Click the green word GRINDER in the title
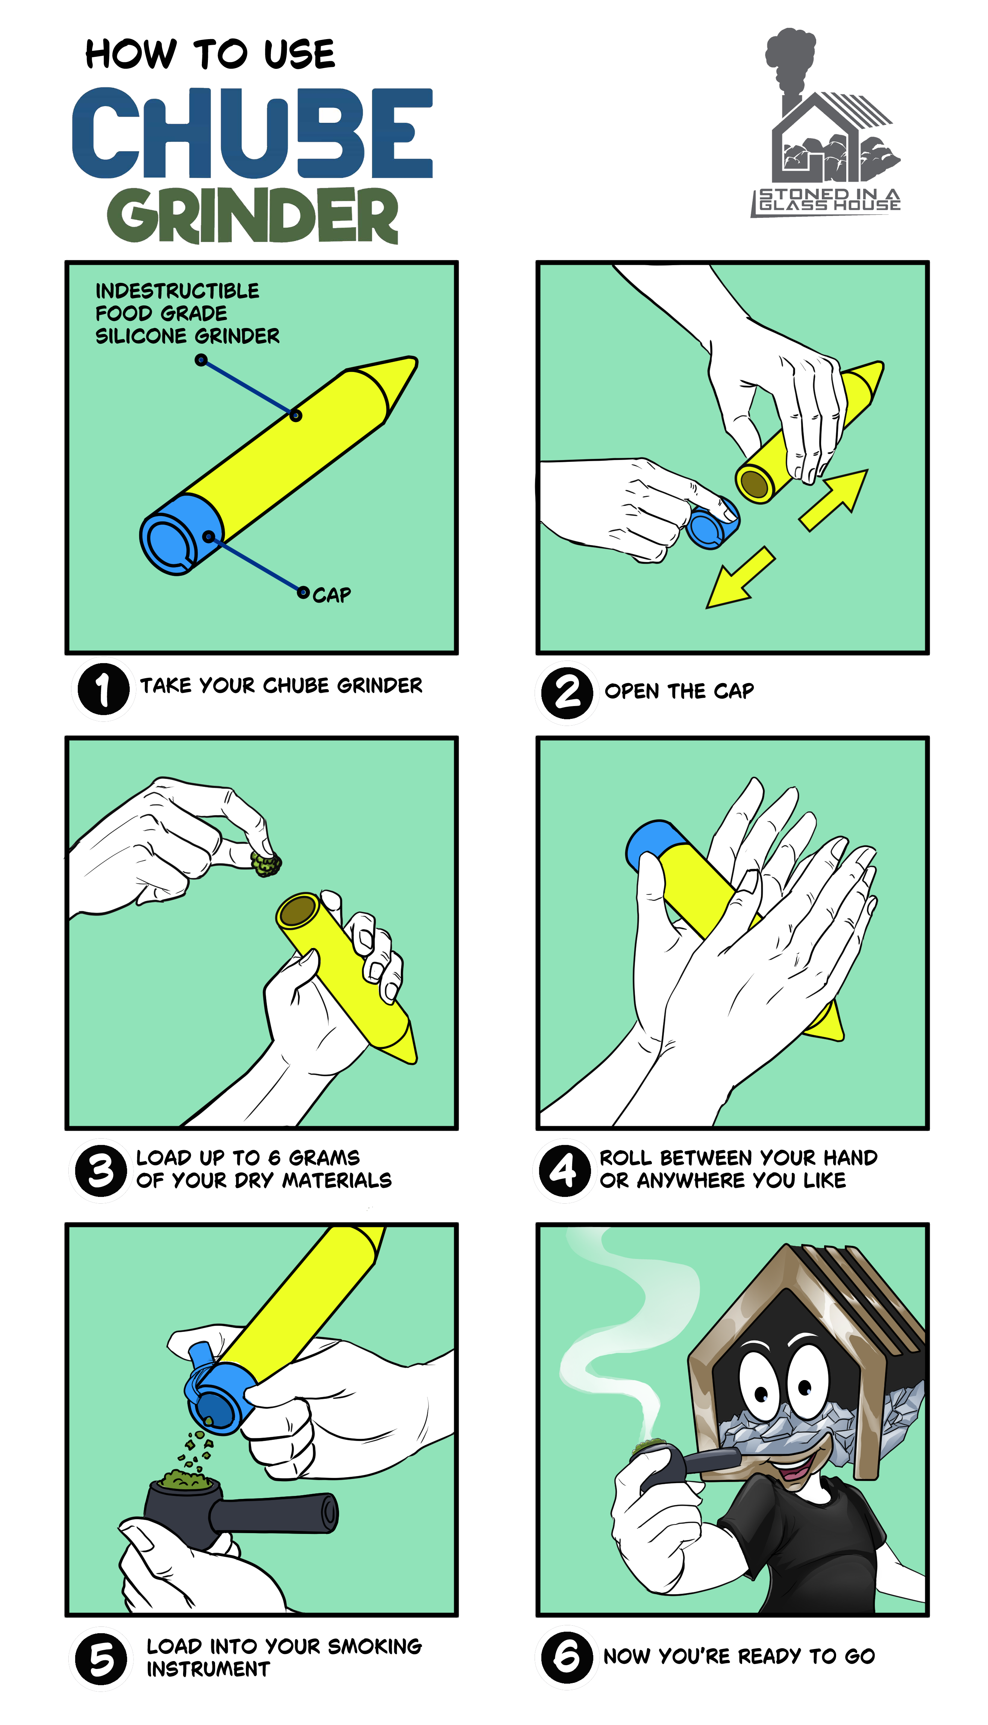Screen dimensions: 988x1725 (252, 215)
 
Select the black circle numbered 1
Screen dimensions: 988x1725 (103, 688)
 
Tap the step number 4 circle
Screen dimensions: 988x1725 (565, 1170)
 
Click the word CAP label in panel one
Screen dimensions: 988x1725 (332, 595)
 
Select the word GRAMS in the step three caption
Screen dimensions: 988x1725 (324, 1157)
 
